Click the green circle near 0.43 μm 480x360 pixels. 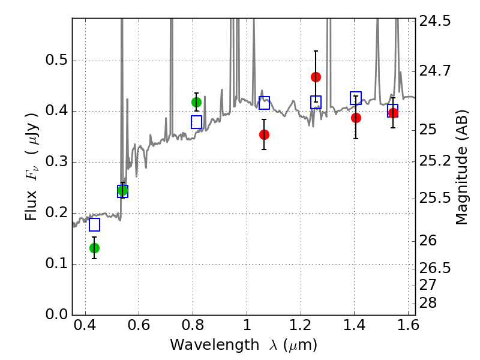pos(94,248)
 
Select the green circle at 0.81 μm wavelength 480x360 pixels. pos(196,102)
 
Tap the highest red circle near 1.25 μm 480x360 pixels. pos(316,77)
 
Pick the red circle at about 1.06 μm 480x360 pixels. pos(264,134)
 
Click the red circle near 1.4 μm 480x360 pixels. pos(356,118)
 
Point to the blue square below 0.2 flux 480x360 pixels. pos(94,224)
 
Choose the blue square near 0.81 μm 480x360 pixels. pos(196,122)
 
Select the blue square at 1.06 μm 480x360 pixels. pos(264,103)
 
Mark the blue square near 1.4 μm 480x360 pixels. pos(356,98)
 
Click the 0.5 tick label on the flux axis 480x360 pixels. pos(56,60)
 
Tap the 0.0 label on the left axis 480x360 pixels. pos(56,314)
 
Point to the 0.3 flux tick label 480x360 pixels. pos(56,161)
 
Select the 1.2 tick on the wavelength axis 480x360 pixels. pos(301,325)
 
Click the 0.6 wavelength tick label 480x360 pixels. pos(139,325)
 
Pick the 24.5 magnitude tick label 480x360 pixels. pos(435,21)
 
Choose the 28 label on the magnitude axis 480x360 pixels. pos(428,303)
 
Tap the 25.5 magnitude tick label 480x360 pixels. pos(435,199)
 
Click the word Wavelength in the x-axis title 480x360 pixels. pos(215,345)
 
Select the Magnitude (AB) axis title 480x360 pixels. pos(462,167)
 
